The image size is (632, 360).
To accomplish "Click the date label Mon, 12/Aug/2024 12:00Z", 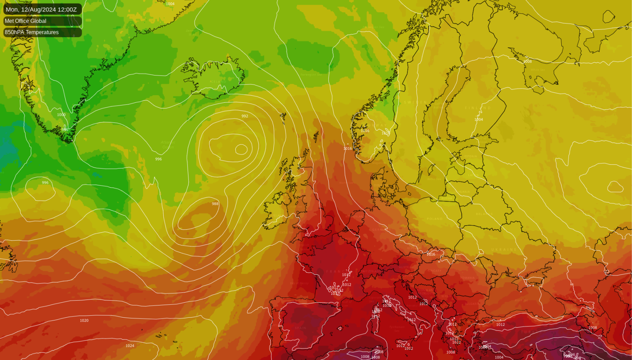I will point(41,9).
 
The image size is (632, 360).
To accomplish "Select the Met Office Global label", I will point(26,21).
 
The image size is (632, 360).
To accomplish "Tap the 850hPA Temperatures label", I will point(32,32).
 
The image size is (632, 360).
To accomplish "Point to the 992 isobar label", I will point(245,116).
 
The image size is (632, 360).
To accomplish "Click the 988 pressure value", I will point(215,204).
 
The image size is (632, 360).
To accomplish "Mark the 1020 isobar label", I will point(84,320).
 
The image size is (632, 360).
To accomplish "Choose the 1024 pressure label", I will point(130,346).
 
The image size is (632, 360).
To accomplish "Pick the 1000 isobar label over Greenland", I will point(61,115).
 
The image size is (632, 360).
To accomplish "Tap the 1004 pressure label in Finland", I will point(479,119).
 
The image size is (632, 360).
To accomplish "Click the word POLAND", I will point(434,219).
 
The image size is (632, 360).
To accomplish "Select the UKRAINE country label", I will point(504,250).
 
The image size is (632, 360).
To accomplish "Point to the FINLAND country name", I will point(478,108).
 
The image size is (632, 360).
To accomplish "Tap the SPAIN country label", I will point(300,328).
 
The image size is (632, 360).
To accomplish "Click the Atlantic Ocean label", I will point(167,145).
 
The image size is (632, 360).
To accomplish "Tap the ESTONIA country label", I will point(470,156).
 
